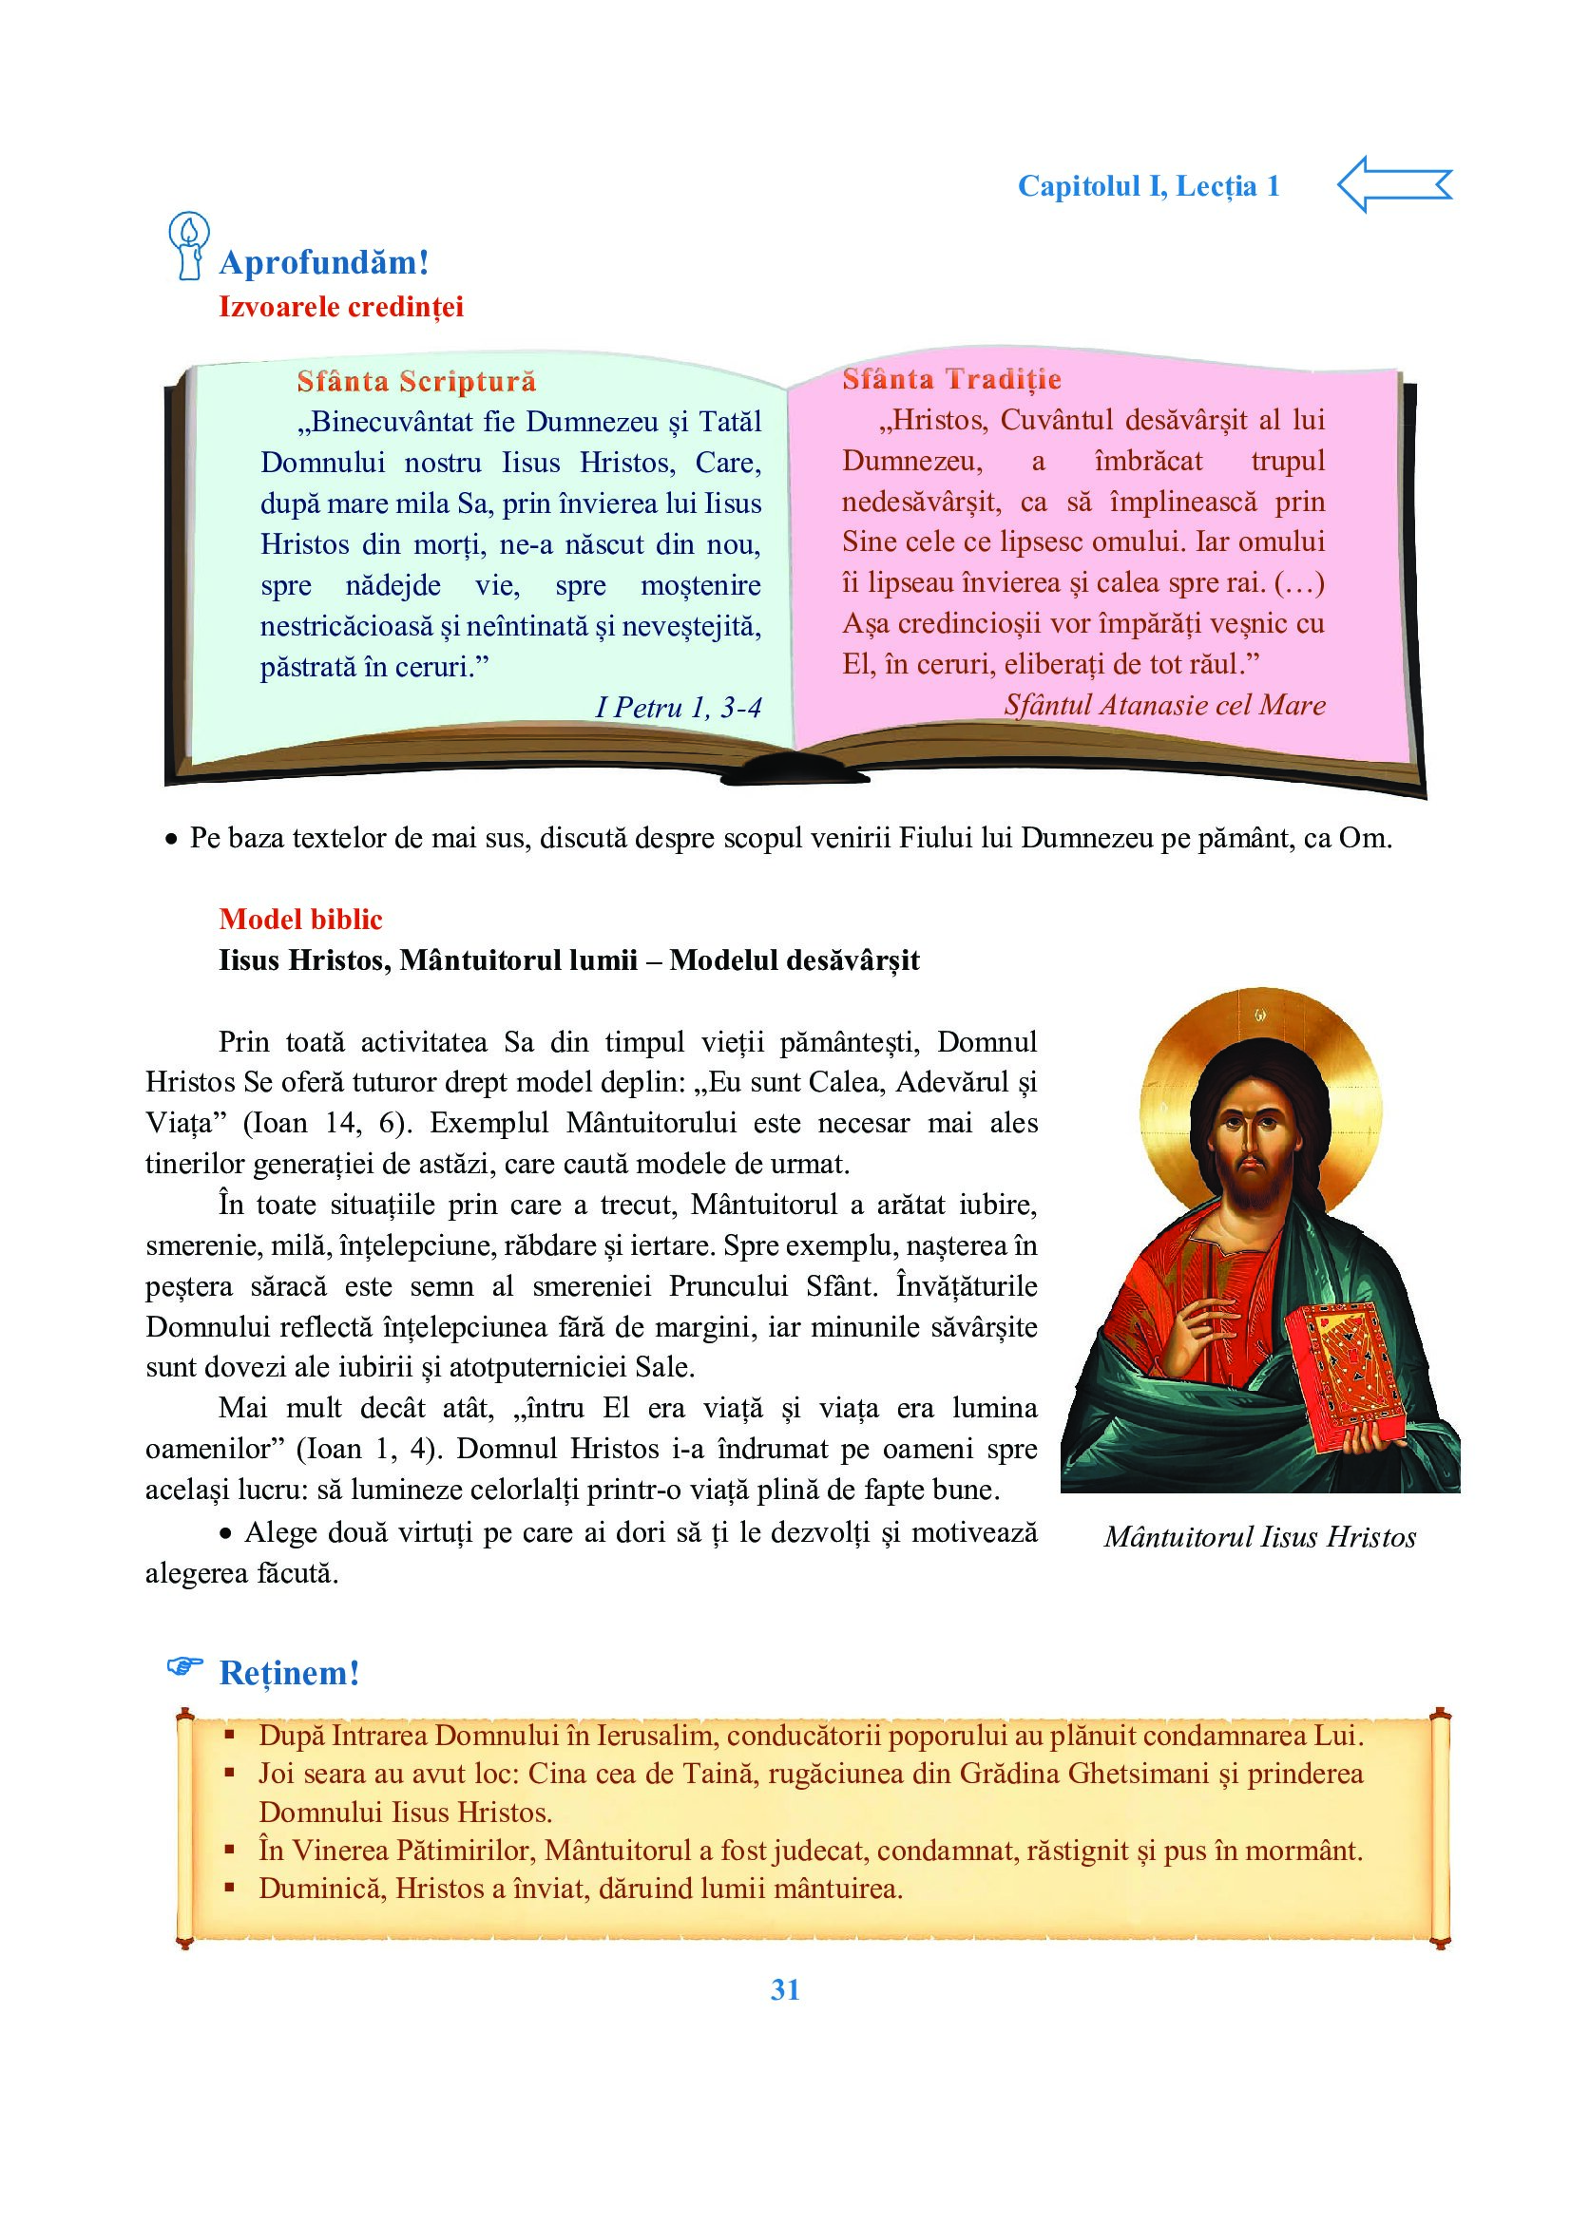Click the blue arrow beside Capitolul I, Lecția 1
coord(1394,184)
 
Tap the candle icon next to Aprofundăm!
coord(188,246)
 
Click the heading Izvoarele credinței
coord(341,307)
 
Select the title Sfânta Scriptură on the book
coord(416,381)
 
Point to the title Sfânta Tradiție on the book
coord(951,379)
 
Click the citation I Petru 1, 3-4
coord(678,708)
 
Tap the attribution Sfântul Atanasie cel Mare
coord(1164,705)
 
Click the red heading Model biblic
coord(300,919)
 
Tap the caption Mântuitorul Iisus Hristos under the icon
coord(1259,1537)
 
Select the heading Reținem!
coord(290,1672)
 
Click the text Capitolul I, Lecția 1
coord(1148,186)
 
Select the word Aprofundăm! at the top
coord(324,261)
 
